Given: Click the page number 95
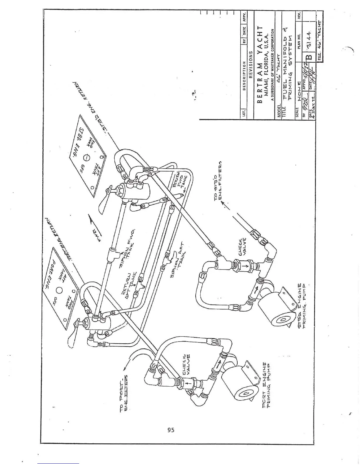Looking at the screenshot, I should (171, 430).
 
